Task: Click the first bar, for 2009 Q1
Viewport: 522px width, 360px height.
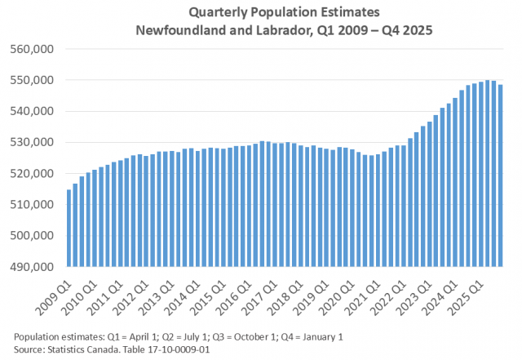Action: (x=69, y=229)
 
